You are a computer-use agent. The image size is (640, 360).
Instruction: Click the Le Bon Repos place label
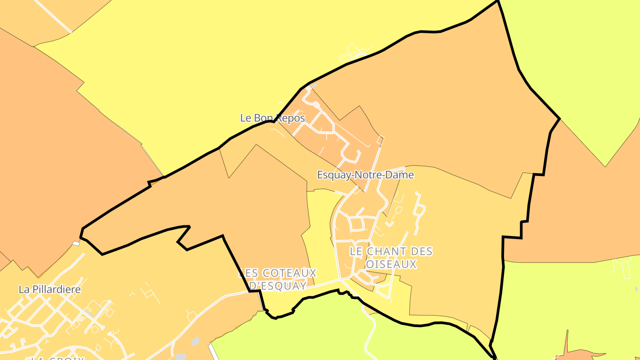(272, 118)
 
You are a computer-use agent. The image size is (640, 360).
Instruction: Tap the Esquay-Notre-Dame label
(365, 175)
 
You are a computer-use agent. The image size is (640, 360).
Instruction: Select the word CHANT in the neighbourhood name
(384, 252)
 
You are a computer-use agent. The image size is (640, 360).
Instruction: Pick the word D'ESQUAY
(278, 286)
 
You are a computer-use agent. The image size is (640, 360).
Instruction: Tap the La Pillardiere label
(50, 290)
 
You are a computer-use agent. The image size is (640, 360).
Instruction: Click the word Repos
(291, 118)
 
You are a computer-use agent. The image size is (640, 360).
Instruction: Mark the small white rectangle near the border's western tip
(76, 243)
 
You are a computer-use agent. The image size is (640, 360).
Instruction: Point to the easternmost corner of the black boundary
(560, 119)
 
